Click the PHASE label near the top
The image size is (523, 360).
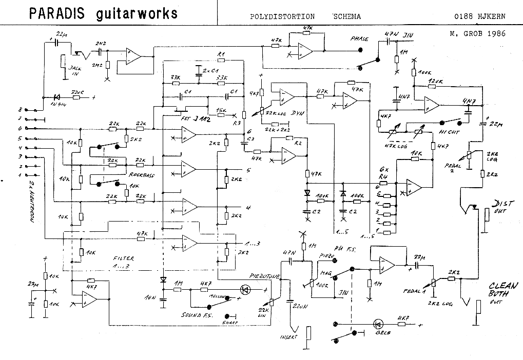[x=359, y=38]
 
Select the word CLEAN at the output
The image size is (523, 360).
[x=498, y=286]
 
